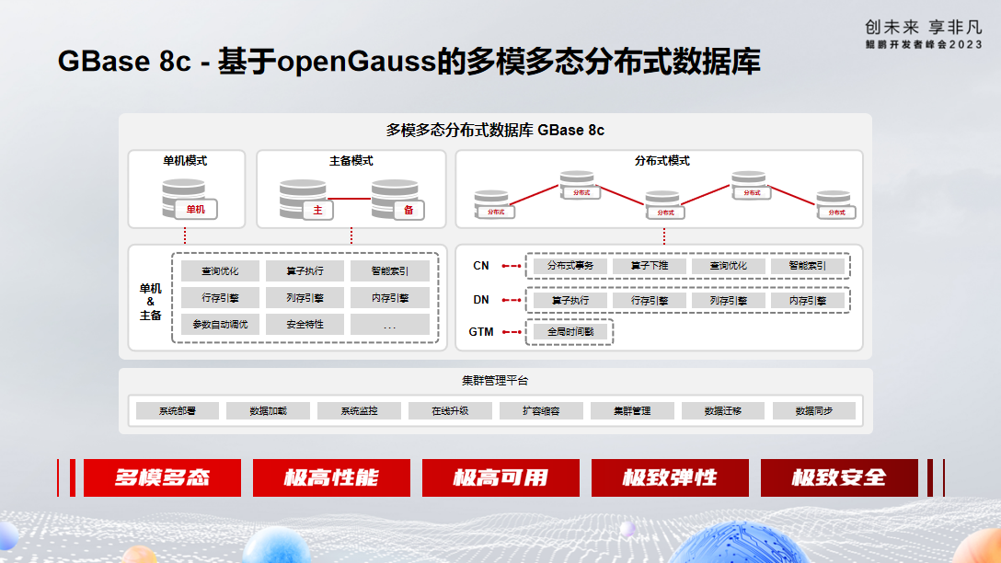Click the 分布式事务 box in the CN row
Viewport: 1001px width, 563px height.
coord(570,266)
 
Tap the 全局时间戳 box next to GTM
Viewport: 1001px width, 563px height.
coord(570,331)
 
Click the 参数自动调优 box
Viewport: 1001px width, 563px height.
coord(221,324)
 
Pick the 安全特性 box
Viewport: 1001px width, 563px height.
coord(305,324)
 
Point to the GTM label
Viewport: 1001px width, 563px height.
coord(480,331)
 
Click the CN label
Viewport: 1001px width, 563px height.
coord(481,266)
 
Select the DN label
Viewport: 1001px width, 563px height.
coord(481,300)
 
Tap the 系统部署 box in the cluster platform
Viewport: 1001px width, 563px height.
coord(178,410)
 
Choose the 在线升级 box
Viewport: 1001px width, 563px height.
coord(450,410)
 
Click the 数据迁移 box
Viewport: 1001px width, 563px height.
coord(723,410)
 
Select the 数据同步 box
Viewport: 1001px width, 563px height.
coord(814,410)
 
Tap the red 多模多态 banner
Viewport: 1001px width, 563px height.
coord(162,477)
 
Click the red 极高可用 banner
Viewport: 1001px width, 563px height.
coord(500,477)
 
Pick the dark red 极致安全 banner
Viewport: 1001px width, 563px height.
coord(839,477)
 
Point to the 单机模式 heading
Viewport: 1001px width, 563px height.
coord(185,161)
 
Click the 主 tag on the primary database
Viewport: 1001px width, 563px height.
coord(317,210)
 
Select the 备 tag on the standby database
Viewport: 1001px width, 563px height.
coord(408,210)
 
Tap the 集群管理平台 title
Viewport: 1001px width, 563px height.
coord(495,380)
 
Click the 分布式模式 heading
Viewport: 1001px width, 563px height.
coord(662,161)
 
